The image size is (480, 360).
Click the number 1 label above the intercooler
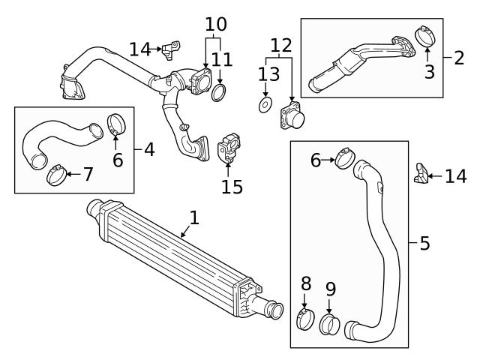(x=194, y=217)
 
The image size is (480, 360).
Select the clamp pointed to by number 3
(x=425, y=35)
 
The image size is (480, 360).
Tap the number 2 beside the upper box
(x=458, y=57)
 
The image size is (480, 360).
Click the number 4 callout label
(x=149, y=150)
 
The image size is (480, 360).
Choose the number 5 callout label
(x=424, y=244)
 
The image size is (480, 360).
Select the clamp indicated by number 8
(x=306, y=319)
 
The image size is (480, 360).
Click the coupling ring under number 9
(x=331, y=325)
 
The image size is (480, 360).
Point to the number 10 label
(x=215, y=23)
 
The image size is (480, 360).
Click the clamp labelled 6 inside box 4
(x=116, y=122)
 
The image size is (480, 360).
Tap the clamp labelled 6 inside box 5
(x=346, y=158)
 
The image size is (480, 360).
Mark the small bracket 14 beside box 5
(x=420, y=177)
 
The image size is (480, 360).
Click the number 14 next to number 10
(x=139, y=49)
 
